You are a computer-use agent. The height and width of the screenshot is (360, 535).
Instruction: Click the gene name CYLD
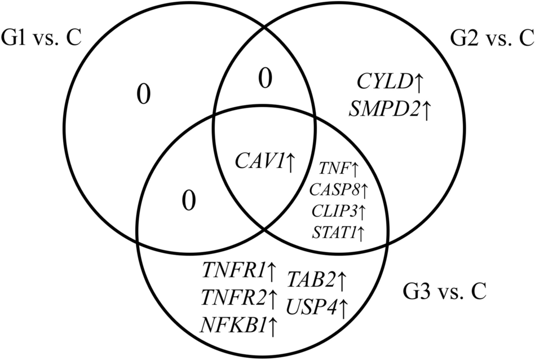pyautogui.click(x=383, y=82)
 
